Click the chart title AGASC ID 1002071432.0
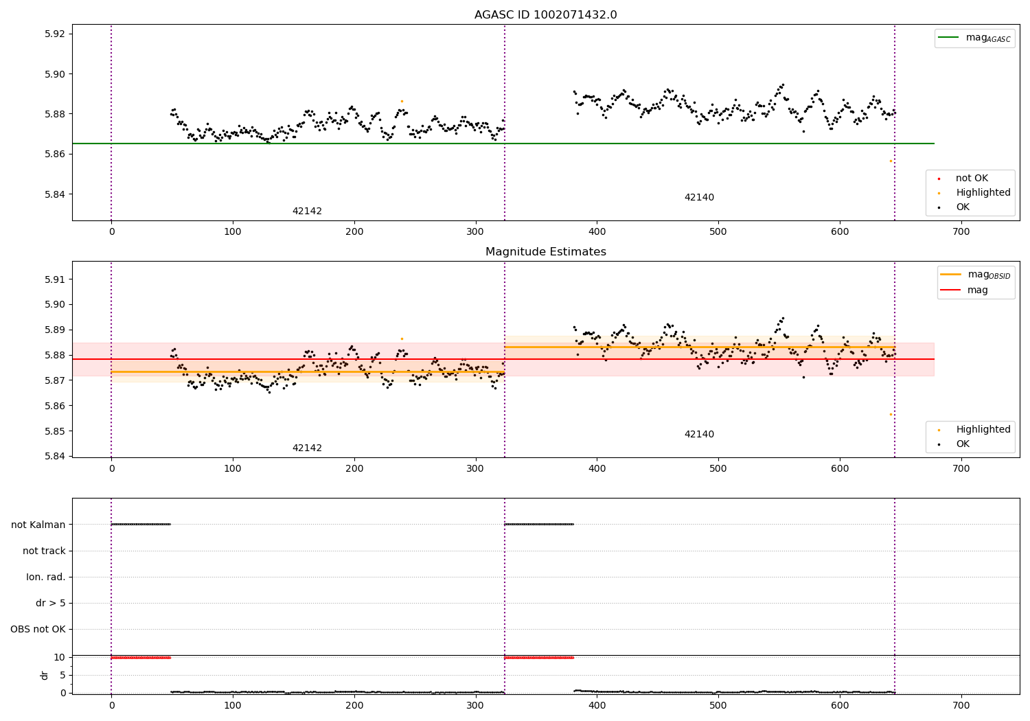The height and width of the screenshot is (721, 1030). coord(545,15)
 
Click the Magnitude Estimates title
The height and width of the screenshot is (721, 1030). coord(545,252)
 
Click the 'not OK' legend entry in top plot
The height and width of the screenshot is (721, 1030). coord(971,179)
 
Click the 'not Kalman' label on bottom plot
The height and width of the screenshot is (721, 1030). coord(38,525)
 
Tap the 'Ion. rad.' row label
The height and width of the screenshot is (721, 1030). coord(46,577)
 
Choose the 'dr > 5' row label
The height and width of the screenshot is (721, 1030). coord(51,603)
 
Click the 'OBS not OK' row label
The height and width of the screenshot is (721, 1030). coord(38,629)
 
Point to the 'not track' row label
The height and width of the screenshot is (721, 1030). coord(44,551)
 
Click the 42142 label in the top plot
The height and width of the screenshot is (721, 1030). coord(307,211)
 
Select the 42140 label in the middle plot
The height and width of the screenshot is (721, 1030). coord(699,435)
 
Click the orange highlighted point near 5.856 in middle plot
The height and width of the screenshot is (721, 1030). coord(891,414)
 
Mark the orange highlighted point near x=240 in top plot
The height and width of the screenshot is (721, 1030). coord(402,101)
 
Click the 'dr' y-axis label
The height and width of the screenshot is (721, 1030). coord(45,675)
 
